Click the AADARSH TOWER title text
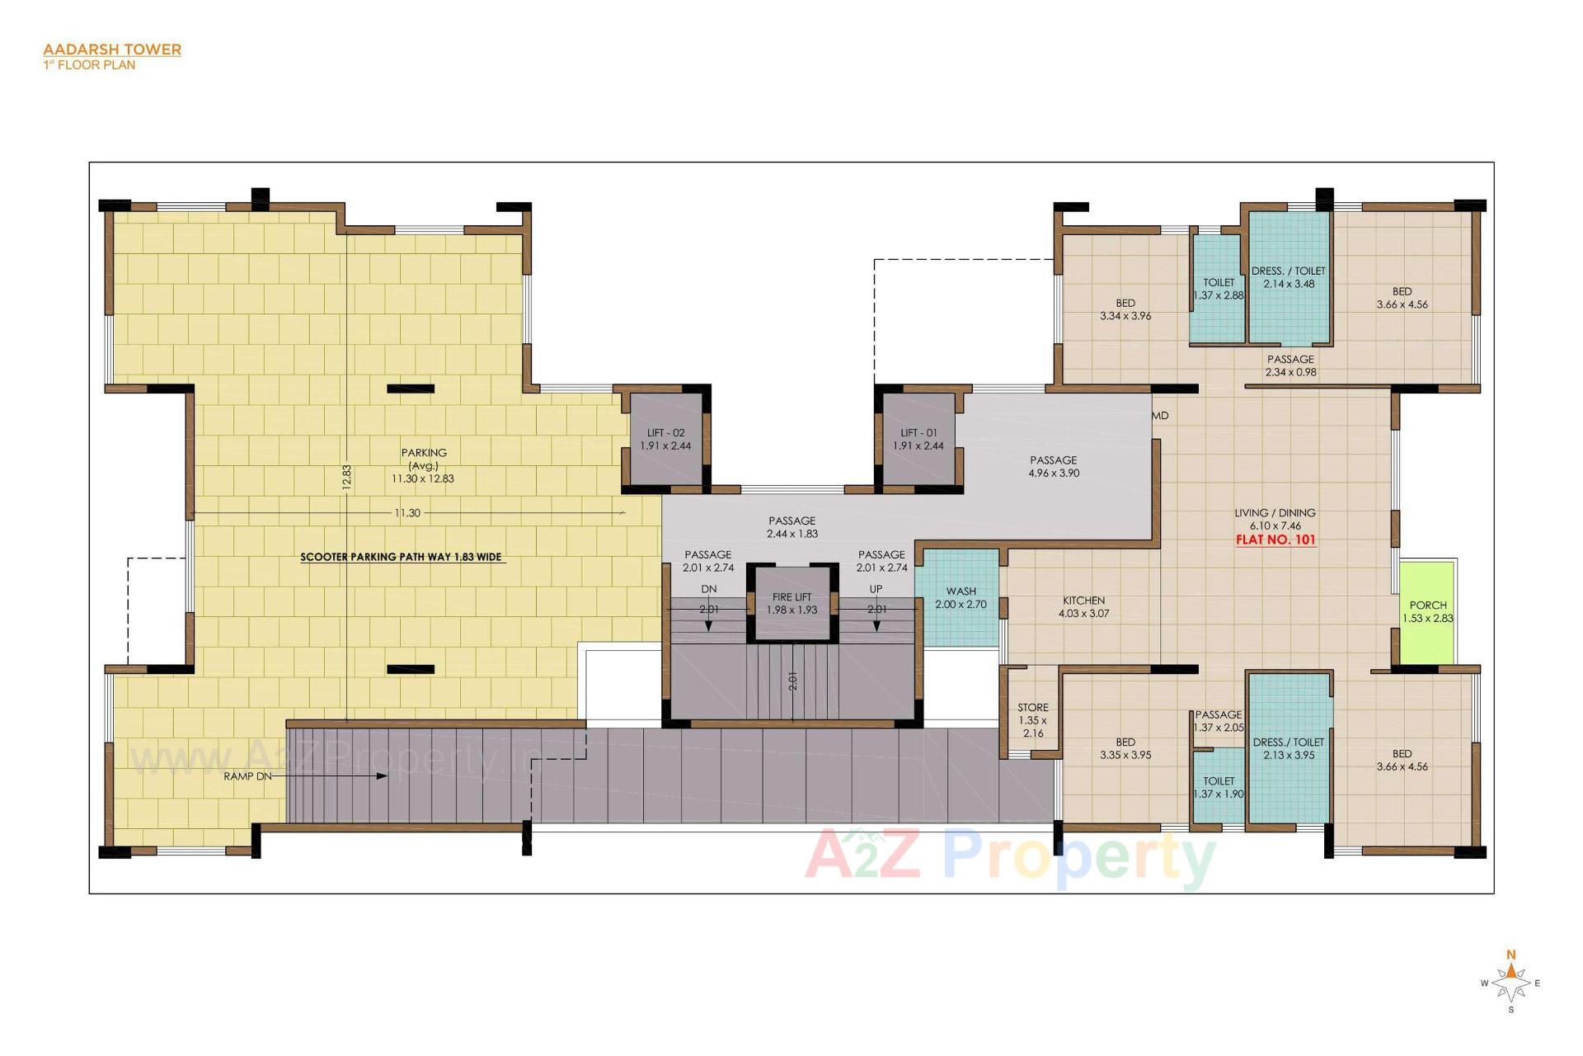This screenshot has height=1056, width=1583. tap(112, 49)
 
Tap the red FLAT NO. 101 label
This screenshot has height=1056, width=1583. tap(1275, 540)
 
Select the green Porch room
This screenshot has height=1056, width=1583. tap(1427, 611)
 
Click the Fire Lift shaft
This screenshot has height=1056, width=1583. tap(791, 604)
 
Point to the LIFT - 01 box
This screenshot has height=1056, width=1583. tap(918, 439)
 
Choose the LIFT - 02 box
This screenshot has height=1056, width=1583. tap(665, 439)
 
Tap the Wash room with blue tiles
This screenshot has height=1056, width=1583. tap(961, 598)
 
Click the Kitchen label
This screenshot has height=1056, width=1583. tap(1083, 601)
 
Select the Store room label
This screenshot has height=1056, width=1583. tap(1032, 708)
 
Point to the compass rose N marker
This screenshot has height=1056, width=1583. tap(1511, 955)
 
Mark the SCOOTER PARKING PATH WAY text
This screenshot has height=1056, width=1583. tap(401, 557)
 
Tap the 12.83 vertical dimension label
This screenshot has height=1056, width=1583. tap(347, 477)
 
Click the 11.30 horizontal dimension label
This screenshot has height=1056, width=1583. tap(407, 513)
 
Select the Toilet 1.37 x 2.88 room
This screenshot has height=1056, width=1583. tap(1218, 289)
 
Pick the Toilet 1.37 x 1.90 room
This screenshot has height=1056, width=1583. tap(1219, 787)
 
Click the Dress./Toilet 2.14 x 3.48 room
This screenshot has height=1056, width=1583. tap(1288, 277)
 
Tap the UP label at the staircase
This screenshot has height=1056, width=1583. tap(876, 589)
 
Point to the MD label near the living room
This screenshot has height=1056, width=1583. tap(1161, 416)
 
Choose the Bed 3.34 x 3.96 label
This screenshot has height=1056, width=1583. tap(1125, 309)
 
